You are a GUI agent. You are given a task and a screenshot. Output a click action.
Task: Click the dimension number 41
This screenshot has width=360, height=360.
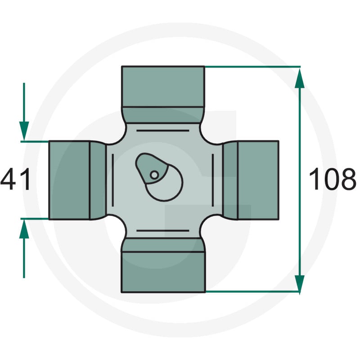coord(15,179)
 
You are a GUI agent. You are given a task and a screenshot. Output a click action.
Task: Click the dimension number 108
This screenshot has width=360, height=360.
coord(333,179)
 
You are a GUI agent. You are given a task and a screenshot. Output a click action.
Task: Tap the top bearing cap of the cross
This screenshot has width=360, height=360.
coord(163,86)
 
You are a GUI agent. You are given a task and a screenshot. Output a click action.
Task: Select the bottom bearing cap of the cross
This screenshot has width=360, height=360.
coord(163,272)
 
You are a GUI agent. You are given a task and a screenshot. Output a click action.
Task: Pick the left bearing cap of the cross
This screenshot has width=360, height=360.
coord(69,180)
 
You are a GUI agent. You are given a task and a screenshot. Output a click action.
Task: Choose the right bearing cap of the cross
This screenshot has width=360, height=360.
coord(258,180)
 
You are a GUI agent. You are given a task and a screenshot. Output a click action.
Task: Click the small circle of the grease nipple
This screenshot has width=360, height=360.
coord(154,175)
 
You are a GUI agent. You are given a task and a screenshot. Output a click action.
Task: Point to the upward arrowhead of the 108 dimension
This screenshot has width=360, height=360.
coord(300,78)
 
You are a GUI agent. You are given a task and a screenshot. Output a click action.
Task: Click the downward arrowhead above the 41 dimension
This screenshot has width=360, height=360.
coord(24,130)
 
